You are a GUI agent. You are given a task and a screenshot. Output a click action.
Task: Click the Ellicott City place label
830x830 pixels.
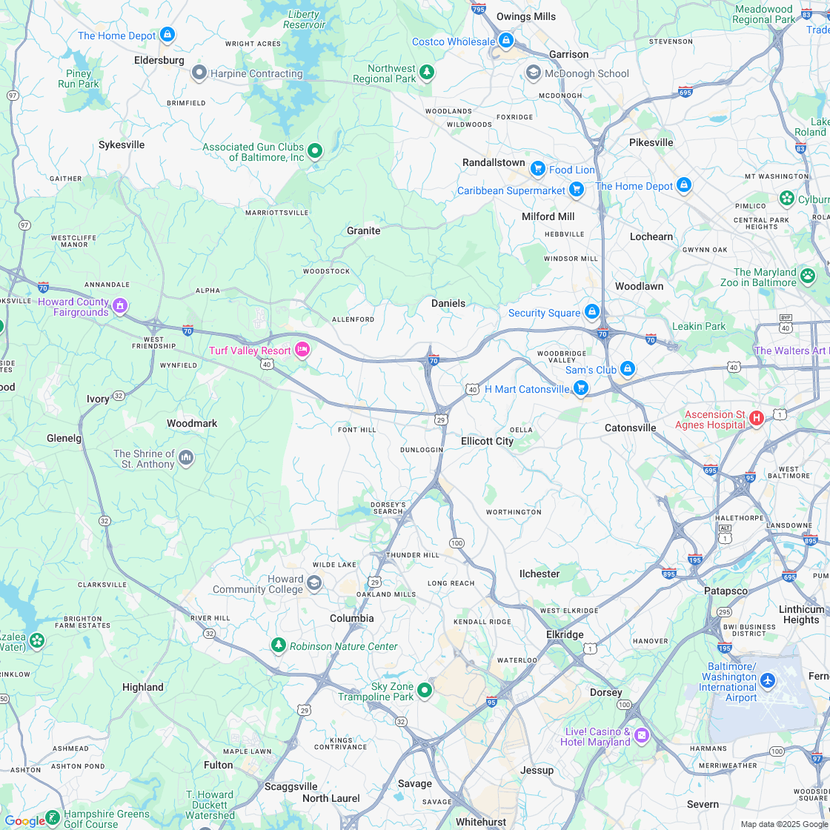point(487,441)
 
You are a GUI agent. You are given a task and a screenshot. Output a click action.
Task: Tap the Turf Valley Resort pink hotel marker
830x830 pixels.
point(302,350)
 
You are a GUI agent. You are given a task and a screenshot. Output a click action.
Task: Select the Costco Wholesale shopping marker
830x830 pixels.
point(506,40)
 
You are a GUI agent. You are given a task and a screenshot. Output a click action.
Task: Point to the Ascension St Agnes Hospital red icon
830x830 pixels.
point(757,419)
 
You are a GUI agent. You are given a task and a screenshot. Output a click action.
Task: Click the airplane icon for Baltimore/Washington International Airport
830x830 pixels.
point(768,680)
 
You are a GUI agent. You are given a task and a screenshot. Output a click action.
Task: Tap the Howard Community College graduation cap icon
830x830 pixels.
point(314,583)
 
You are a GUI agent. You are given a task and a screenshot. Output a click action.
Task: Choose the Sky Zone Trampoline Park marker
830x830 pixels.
point(425,691)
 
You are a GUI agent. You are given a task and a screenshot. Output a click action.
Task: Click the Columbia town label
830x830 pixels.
point(352,618)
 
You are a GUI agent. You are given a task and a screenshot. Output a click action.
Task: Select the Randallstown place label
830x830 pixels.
point(494,162)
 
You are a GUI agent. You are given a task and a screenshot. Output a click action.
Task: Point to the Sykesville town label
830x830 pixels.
point(122,145)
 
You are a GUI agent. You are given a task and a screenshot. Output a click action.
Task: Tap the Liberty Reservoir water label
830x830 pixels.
point(304,19)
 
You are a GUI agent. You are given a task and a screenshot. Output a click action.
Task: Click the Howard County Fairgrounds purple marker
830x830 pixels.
point(120,305)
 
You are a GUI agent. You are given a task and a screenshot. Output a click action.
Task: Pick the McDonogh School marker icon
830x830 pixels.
point(533,73)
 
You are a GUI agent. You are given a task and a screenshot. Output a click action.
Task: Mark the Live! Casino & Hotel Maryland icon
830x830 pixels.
point(642,735)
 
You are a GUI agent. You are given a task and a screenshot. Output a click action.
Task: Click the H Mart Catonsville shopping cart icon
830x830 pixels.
point(581,388)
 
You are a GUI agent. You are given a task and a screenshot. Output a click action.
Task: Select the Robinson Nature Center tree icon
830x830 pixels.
point(279,645)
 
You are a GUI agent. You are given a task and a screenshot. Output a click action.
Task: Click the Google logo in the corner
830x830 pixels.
point(24,820)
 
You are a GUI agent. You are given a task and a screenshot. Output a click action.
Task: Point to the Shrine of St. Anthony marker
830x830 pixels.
point(185,458)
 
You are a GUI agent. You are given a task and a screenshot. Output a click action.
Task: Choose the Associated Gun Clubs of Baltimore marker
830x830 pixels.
point(315,151)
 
